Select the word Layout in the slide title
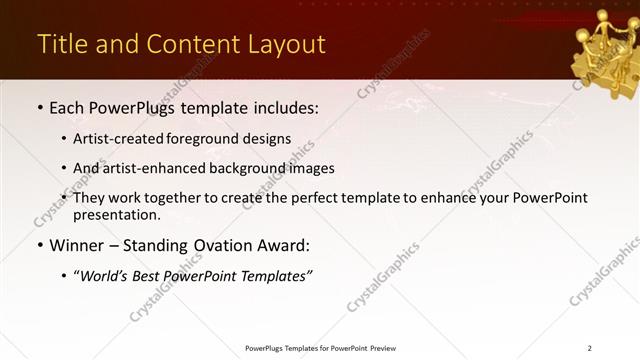tap(287, 45)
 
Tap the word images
tap(313, 169)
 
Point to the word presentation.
tap(116, 215)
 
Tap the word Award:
tap(282, 245)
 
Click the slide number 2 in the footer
tap(590, 348)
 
